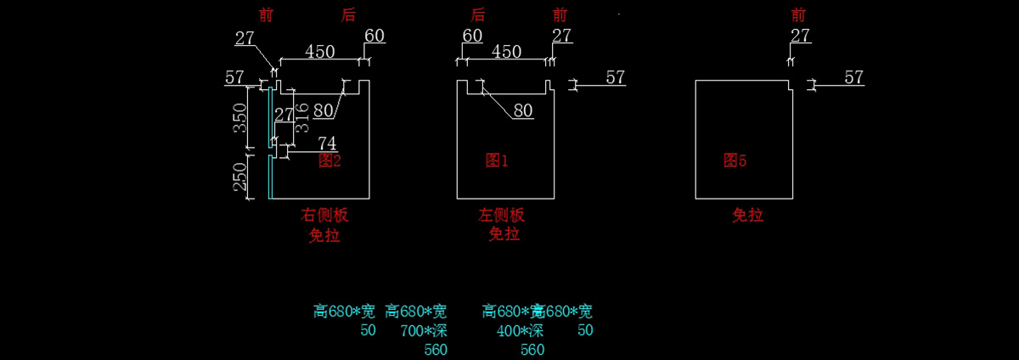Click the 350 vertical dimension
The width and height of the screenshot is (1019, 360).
click(239, 117)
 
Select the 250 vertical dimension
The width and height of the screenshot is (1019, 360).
click(239, 177)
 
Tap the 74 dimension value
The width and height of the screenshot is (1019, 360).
click(327, 143)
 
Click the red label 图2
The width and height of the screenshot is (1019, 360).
click(329, 160)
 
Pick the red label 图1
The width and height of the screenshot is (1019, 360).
click(497, 160)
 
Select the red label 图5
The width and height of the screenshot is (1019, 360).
click(735, 160)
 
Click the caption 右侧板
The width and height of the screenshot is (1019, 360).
click(324, 215)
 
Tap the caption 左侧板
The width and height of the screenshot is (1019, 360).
click(502, 215)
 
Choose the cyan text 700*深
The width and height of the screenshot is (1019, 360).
click(424, 330)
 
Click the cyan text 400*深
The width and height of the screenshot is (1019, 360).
click(520, 330)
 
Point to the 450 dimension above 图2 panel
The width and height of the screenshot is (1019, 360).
click(319, 52)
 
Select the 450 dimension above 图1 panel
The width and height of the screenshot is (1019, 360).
click(506, 52)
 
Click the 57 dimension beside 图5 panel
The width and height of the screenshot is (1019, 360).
click(853, 77)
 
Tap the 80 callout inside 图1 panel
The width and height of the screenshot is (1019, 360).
click(523, 110)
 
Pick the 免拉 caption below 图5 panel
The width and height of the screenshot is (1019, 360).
click(748, 215)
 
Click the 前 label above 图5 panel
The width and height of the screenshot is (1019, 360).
click(798, 14)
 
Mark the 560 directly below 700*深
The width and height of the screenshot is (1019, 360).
click(436, 350)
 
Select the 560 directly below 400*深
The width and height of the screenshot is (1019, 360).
click(532, 350)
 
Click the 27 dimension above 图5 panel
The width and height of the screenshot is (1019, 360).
click(800, 36)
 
